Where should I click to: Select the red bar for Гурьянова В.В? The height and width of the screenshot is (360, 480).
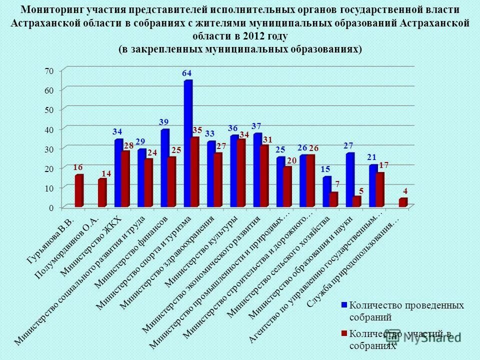click(79, 191)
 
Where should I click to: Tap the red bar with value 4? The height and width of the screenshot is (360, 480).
click(402, 202)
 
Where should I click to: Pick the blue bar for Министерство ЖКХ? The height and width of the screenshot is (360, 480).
click(118, 173)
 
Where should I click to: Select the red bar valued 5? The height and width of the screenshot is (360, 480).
click(356, 201)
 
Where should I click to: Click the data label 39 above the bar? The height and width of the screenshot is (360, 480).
click(163, 121)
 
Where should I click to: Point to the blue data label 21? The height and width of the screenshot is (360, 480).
click(371, 157)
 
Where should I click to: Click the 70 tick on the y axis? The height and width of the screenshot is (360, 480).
click(48, 71)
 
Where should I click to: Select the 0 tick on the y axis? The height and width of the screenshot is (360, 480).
click(50, 207)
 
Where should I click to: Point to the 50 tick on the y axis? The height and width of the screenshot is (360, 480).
click(48, 109)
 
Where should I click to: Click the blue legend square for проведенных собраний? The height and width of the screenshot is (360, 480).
click(344, 305)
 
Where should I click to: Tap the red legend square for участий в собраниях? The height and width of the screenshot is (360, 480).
click(344, 333)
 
